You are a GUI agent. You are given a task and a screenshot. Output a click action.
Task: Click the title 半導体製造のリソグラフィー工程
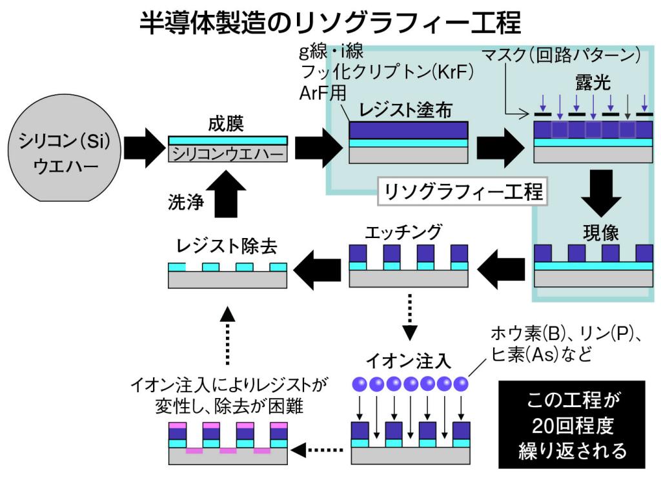pyautogui.click(x=330, y=23)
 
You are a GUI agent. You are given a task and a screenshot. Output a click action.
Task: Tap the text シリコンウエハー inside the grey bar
pyautogui.click(x=227, y=154)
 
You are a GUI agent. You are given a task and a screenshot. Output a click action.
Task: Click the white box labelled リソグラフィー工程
pyautogui.click(x=462, y=192)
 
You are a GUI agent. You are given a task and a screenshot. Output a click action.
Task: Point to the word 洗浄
pyautogui.click(x=182, y=203)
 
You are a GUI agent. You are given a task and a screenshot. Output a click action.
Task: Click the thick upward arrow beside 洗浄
pyautogui.click(x=227, y=193)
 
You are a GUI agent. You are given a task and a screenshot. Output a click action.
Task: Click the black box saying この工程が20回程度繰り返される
pyautogui.click(x=572, y=424)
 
